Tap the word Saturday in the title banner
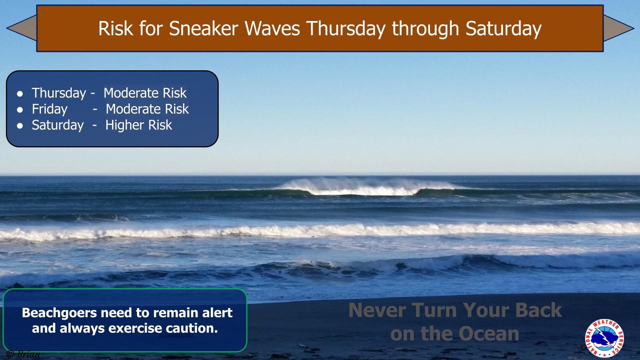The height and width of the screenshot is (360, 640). pyautogui.click(x=503, y=28)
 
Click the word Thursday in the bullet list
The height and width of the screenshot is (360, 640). pyautogui.click(x=59, y=93)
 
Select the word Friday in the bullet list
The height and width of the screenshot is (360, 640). pyautogui.click(x=49, y=109)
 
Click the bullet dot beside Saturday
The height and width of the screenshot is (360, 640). pyautogui.click(x=20, y=126)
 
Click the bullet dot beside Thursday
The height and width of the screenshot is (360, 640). pyautogui.click(x=20, y=94)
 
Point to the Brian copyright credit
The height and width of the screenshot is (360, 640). pyautogui.click(x=23, y=354)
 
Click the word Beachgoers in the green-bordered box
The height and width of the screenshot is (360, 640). pyautogui.click(x=59, y=313)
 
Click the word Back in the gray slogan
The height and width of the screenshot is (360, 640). pyautogui.click(x=538, y=310)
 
